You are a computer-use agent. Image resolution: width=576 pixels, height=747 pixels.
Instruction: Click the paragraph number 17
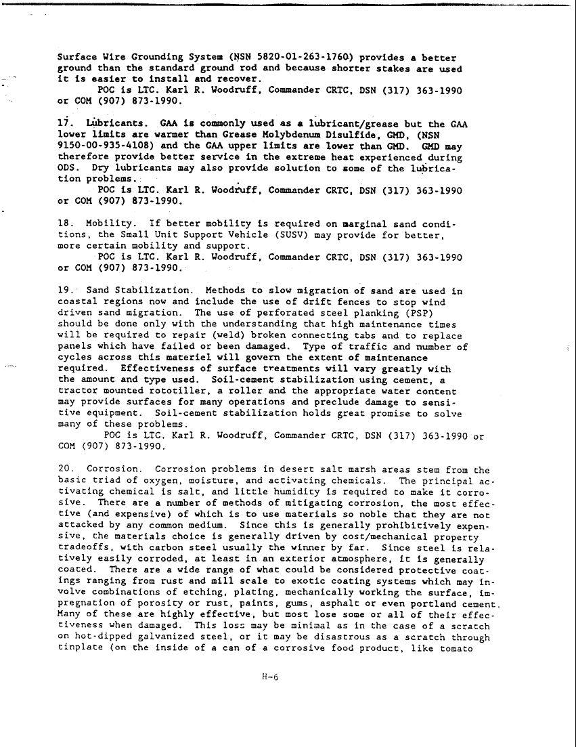65,125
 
